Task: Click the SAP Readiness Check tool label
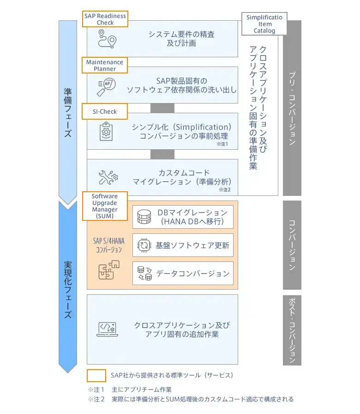click(x=105, y=19)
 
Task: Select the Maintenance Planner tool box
click(x=105, y=65)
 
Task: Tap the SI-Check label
click(x=105, y=111)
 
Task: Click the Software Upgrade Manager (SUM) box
click(x=104, y=206)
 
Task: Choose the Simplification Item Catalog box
click(x=264, y=24)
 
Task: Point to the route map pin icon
click(x=107, y=39)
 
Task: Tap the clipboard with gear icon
click(x=107, y=131)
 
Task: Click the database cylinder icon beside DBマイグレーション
click(x=144, y=217)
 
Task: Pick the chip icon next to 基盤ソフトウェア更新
click(x=144, y=245)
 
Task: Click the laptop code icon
click(x=108, y=329)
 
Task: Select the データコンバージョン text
click(x=192, y=274)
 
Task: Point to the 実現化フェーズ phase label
click(x=68, y=289)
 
